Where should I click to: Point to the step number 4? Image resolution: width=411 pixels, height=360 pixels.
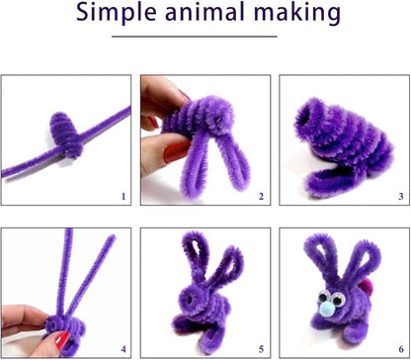pyautogui.click(x=123, y=349)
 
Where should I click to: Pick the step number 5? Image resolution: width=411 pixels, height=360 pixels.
pyautogui.click(x=261, y=349)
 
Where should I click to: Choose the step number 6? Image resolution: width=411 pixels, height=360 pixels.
pyautogui.click(x=400, y=349)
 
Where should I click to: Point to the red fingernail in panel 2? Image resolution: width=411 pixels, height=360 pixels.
pyautogui.click(x=184, y=96)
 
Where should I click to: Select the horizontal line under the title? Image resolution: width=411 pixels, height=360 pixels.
pyautogui.click(x=205, y=38)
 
